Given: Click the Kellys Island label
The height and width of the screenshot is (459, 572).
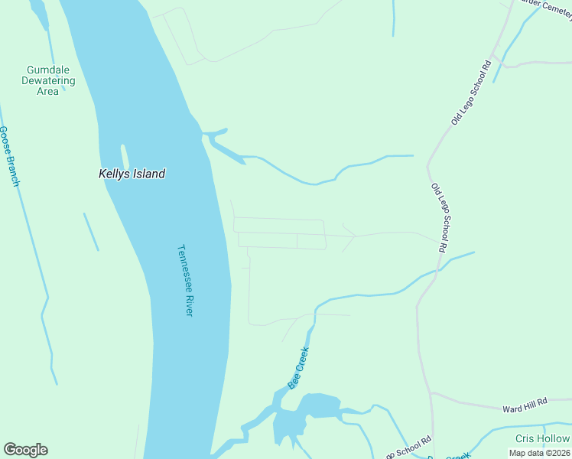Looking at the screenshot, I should point(132,174).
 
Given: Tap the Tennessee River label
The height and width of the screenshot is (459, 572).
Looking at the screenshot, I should point(185,280).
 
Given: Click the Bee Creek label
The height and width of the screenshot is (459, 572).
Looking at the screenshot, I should point(297,368).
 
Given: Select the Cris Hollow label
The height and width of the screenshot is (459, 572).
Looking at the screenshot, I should point(541,438).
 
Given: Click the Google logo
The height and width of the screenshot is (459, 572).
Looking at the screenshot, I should point(25,450).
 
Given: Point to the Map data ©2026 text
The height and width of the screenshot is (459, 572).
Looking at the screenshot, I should point(539,453).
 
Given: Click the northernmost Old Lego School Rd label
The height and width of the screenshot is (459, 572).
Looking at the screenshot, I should point(470,93).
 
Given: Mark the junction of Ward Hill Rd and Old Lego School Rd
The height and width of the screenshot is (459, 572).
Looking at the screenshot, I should point(432,393).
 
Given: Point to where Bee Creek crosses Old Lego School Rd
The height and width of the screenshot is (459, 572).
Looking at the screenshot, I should point(438,269).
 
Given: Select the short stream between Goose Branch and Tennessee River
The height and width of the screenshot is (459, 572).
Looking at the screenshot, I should point(91,231).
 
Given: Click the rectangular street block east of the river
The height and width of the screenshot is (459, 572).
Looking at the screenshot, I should point(280,233).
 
